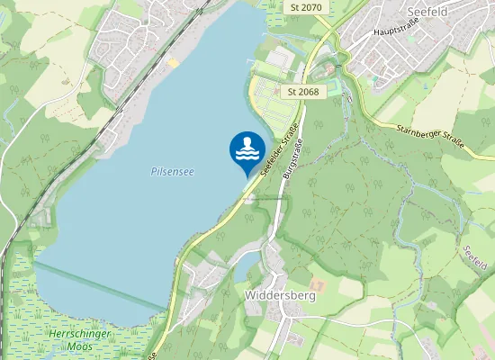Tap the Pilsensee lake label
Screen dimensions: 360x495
[172, 169]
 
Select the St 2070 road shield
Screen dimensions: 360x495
[306, 7]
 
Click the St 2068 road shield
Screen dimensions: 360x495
[303, 92]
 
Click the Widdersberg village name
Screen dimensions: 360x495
[278, 294]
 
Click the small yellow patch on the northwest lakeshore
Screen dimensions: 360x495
[172, 62]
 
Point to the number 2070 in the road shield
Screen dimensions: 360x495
[311, 7]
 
